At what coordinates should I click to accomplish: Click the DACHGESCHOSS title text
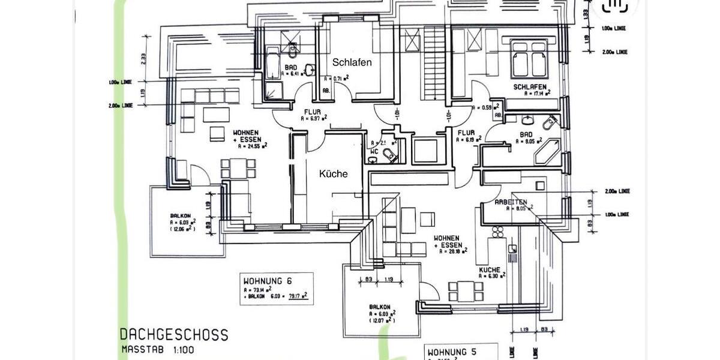tap(173, 335)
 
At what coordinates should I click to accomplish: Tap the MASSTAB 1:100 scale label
tap(157, 349)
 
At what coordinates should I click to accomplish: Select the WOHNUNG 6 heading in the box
tap(267, 281)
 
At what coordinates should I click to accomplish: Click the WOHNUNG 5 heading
tap(451, 352)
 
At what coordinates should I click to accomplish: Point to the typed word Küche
tap(333, 174)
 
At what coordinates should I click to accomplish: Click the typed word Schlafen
tap(352, 62)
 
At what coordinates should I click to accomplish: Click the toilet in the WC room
tap(390, 156)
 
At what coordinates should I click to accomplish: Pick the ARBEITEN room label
tap(511, 202)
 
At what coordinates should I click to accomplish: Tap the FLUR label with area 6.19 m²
tap(466, 133)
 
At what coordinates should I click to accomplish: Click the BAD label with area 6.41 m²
tap(292, 67)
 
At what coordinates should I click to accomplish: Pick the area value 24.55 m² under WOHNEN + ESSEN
tap(253, 145)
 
